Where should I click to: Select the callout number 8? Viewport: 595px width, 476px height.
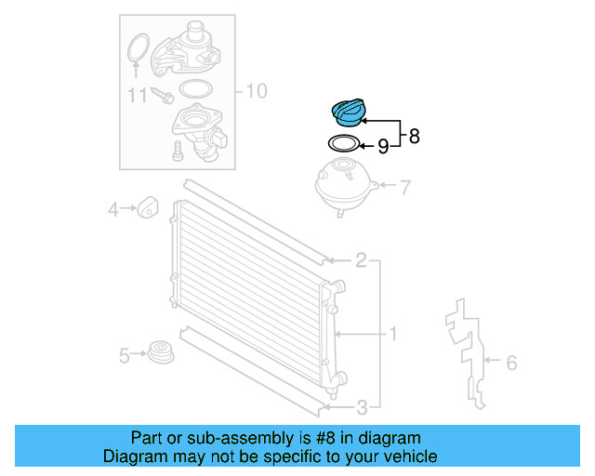tap(414, 136)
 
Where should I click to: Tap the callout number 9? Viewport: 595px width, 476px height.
tap(382, 145)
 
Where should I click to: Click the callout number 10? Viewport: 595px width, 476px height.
tap(256, 90)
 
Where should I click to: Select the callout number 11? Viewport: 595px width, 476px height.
tap(138, 95)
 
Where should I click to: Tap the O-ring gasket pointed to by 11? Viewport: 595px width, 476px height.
tap(138, 46)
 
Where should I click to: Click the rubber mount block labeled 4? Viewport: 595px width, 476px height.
tap(147, 208)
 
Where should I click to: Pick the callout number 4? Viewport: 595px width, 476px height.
tap(113, 210)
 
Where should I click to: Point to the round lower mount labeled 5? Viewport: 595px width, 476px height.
tap(161, 353)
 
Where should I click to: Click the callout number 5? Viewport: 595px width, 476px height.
tap(124, 354)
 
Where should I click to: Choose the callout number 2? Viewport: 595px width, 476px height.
tap(361, 260)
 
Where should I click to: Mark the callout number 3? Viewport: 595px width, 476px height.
tap(361, 405)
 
